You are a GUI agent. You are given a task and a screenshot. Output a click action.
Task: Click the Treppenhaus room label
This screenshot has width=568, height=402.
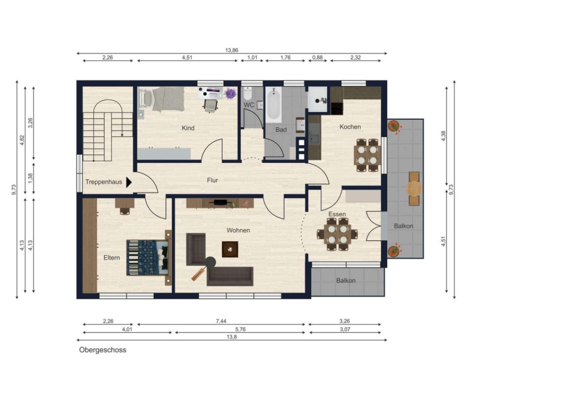point(104,182)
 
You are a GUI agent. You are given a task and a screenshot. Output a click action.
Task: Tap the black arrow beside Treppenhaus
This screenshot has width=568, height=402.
point(128,183)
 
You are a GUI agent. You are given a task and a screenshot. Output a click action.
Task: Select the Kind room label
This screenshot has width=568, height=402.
point(188,128)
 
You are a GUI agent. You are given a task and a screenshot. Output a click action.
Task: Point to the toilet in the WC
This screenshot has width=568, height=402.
point(248,93)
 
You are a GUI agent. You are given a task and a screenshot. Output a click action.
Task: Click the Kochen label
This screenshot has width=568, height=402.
point(350,127)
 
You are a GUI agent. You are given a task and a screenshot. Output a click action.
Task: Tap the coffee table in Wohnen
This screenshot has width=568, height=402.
point(230,249)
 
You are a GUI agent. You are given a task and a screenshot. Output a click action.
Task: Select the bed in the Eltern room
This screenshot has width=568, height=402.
point(148,258)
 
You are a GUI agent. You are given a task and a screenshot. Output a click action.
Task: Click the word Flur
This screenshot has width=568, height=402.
point(213,180)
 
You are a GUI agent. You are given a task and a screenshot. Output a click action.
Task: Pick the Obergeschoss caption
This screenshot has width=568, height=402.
point(103,350)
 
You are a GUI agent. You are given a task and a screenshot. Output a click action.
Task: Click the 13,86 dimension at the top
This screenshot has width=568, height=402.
point(232,50)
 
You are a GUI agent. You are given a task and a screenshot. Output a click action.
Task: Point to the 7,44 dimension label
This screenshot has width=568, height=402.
point(221,321)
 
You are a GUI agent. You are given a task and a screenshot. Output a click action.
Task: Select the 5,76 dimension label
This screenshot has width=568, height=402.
point(240,329)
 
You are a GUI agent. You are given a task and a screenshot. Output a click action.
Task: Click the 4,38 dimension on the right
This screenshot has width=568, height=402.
point(443,136)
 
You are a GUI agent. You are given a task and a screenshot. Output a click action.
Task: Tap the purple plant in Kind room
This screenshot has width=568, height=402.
point(230,94)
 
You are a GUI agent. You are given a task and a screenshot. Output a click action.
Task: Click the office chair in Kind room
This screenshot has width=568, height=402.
point(210,105)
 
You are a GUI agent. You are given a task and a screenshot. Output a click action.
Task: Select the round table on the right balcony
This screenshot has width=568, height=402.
point(414,188)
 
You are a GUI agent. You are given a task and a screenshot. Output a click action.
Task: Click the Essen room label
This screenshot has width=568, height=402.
point(337,214)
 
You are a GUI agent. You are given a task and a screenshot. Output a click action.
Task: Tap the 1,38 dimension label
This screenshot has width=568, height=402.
point(31,178)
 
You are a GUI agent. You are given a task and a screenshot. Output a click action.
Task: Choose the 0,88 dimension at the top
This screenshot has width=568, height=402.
point(317,57)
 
